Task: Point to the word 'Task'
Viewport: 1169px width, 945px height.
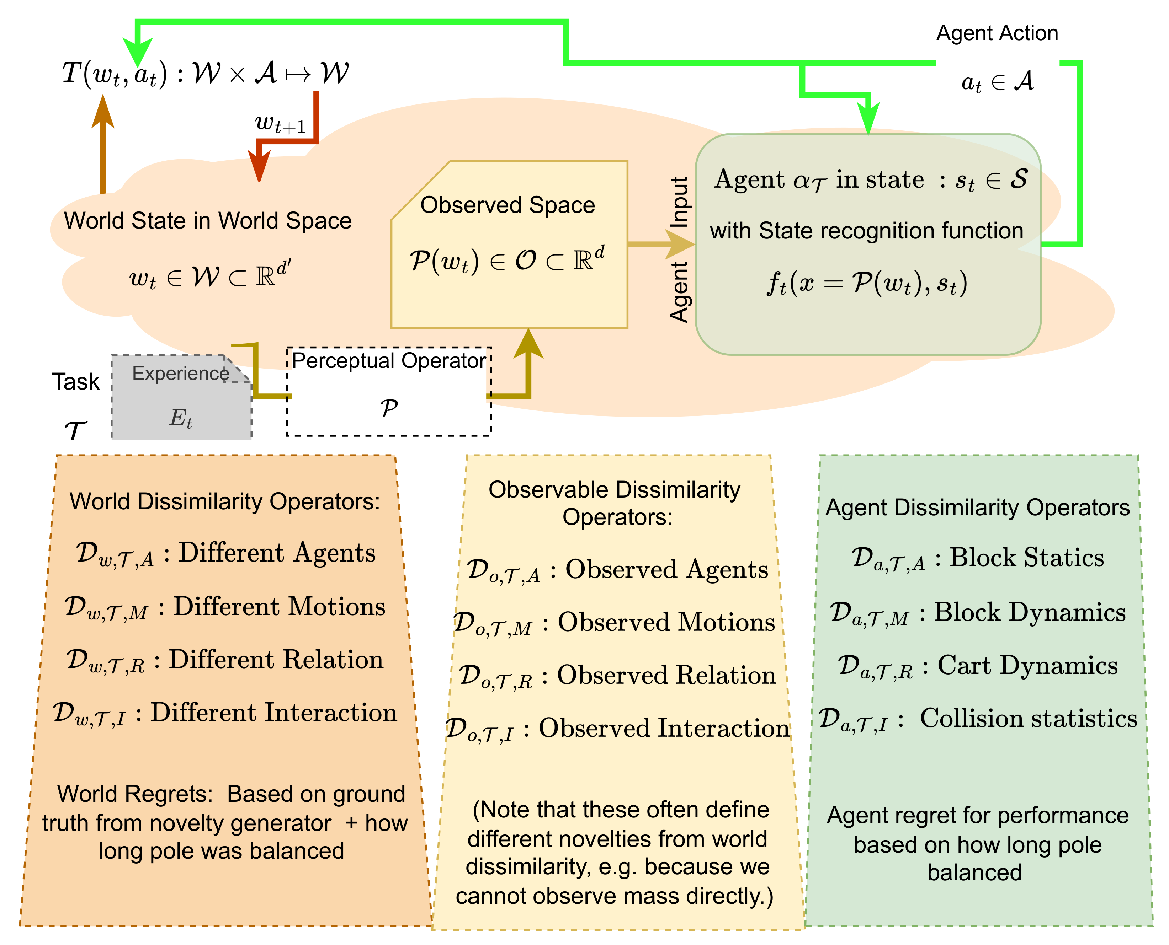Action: [x=76, y=382]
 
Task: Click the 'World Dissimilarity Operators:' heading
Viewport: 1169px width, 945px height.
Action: [x=224, y=501]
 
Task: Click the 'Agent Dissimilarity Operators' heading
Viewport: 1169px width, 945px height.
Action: [x=977, y=508]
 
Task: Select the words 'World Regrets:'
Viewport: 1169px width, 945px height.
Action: [x=134, y=794]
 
